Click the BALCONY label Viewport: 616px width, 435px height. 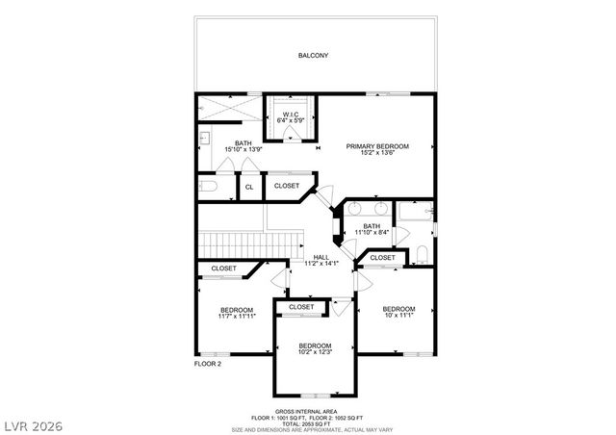(x=313, y=56)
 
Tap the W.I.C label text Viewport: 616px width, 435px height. (x=290, y=115)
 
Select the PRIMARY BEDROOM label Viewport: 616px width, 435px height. (x=377, y=146)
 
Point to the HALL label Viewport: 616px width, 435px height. (x=321, y=257)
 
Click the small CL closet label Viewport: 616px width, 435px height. (x=248, y=187)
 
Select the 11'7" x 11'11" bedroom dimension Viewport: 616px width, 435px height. (x=236, y=316)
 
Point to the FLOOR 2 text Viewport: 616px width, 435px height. (x=208, y=365)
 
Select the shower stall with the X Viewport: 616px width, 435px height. (x=228, y=108)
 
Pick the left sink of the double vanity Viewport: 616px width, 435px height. (x=355, y=209)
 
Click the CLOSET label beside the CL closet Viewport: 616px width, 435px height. (x=286, y=186)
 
